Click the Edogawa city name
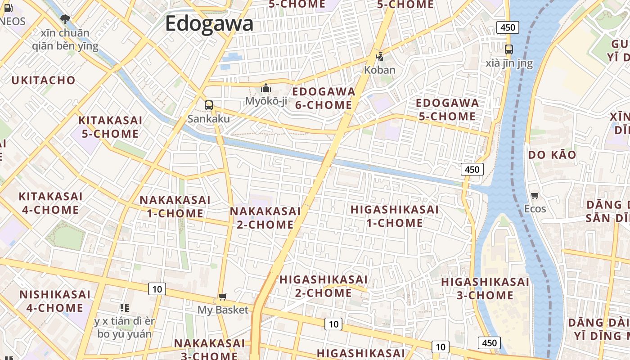click(209, 23)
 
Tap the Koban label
click(379, 70)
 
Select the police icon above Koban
click(380, 57)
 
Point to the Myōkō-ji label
click(266, 101)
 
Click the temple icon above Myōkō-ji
click(266, 88)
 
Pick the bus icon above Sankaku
click(208, 105)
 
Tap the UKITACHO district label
click(43, 81)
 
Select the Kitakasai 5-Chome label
click(110, 127)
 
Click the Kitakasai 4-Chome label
click(50, 203)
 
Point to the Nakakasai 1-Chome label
click(175, 207)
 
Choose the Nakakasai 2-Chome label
click(265, 218)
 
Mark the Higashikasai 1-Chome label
click(394, 216)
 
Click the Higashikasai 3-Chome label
click(485, 288)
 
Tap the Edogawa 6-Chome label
click(324, 98)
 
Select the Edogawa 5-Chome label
click(447, 109)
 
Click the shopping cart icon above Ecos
click(535, 195)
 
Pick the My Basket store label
click(223, 310)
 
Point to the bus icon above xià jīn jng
click(509, 49)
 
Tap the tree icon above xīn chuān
click(65, 19)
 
